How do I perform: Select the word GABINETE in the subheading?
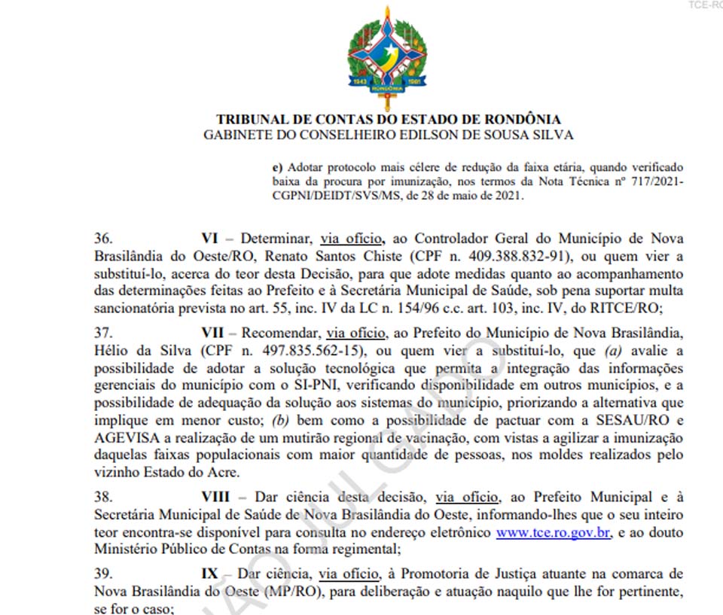pos(237,135)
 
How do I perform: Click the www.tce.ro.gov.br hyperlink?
pos(552,533)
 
